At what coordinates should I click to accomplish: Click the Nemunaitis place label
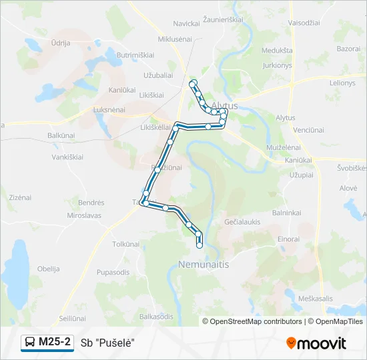(204, 265)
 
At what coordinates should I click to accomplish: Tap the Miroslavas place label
(84, 216)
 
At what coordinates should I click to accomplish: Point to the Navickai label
(187, 23)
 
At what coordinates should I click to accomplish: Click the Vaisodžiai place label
(305, 23)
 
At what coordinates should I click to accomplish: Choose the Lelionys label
(342, 83)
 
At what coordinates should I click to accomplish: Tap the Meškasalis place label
(316, 298)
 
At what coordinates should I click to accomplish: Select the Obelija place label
(49, 269)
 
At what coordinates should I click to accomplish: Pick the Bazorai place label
(348, 49)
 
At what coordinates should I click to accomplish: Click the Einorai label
(288, 238)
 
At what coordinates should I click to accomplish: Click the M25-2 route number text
(55, 342)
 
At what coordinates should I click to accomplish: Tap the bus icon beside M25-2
(30, 343)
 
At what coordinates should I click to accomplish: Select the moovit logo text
(322, 343)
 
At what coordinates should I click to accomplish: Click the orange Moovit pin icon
(291, 343)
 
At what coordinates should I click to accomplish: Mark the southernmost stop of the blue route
(199, 246)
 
